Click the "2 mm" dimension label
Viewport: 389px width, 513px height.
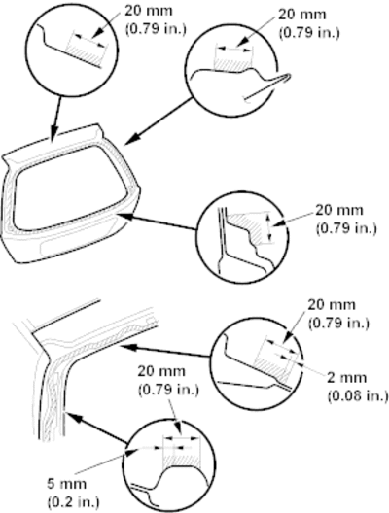coord(347,378)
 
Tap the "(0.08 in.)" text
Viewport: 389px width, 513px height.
coord(358,395)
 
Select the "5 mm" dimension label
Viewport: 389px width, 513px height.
coord(67,484)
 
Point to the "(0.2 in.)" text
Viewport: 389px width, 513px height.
coord(73,501)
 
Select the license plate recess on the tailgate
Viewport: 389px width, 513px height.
coord(77,241)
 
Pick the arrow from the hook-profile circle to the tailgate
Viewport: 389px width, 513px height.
coord(159,120)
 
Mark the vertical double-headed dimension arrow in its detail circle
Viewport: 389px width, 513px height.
coord(269,226)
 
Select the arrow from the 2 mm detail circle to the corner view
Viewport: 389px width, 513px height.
coord(164,352)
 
